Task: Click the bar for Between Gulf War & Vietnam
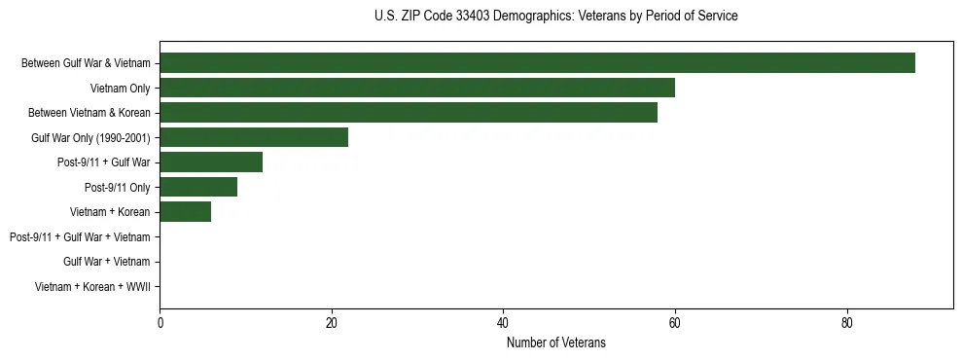(537, 63)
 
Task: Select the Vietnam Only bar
(417, 88)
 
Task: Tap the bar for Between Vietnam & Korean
(409, 113)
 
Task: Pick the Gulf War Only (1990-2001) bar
(254, 137)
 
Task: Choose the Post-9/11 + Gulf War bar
(211, 162)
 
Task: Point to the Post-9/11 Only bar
(198, 187)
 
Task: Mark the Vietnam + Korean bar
(185, 212)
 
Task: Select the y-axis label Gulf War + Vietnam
(106, 262)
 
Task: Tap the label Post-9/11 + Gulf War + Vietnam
(80, 236)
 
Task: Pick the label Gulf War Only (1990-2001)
(90, 138)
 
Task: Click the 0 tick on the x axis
(160, 324)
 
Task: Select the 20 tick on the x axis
(332, 324)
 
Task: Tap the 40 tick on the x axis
(503, 324)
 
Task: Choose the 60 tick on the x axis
(675, 324)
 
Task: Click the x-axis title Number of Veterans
(555, 342)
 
